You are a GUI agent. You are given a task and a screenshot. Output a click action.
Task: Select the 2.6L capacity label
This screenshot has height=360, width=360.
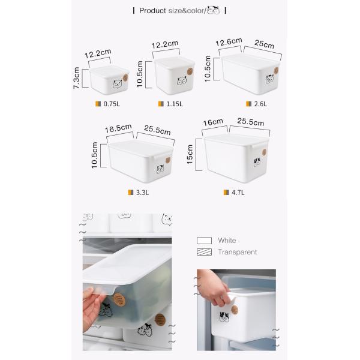coord(260,103)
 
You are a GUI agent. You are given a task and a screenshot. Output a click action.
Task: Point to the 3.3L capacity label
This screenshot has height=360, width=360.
coord(142,193)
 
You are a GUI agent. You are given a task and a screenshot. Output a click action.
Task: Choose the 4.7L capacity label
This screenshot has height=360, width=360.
coord(238,193)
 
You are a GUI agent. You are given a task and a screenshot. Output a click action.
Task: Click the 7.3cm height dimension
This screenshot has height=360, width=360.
coord(76,78)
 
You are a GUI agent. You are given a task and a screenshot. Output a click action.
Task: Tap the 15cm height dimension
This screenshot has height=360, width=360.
coord(191,154)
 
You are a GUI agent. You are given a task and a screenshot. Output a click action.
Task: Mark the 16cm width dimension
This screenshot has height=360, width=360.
coord(213,123)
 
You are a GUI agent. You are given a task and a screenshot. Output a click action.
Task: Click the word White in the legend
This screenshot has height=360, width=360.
coord(227,240)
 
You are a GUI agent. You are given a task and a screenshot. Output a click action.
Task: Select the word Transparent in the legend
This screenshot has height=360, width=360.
coord(237,252)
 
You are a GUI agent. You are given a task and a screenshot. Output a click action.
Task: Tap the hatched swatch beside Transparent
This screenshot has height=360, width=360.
coord(204,252)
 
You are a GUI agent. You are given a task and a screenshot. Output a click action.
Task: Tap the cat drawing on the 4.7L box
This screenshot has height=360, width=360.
coord(257,161)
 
